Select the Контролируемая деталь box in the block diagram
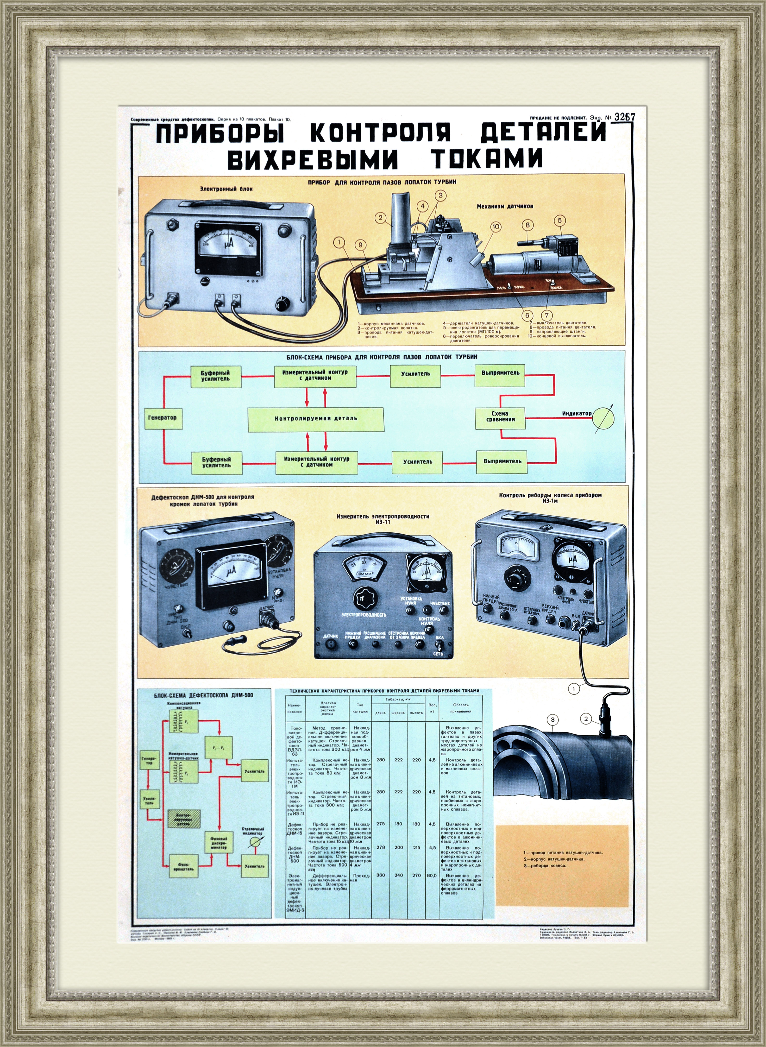[316, 419]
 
